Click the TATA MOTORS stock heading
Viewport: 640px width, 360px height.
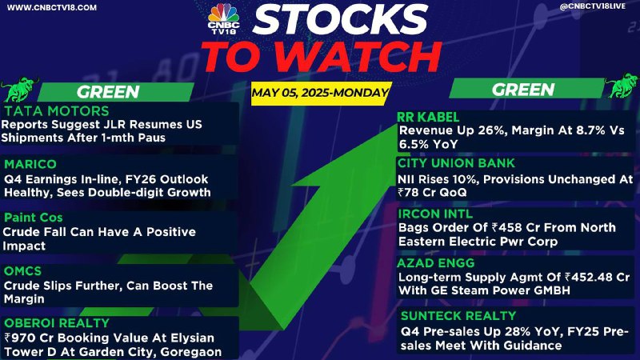click(57, 111)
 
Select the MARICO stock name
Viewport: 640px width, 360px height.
click(30, 164)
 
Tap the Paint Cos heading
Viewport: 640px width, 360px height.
click(33, 218)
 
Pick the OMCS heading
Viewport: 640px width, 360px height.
click(22, 271)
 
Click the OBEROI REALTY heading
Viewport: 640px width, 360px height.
click(57, 323)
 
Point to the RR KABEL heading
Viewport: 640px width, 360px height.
click(428, 117)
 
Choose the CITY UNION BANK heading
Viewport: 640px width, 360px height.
click(456, 163)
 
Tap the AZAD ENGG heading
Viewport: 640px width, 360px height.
click(436, 263)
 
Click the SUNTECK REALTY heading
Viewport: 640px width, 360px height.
click(458, 315)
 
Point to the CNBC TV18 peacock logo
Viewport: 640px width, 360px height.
click(223, 18)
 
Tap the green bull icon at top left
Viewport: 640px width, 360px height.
click(19, 89)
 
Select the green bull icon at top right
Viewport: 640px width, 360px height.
click(622, 86)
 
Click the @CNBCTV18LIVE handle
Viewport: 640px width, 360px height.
click(593, 6)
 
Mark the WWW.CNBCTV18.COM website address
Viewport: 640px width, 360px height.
click(52, 7)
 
